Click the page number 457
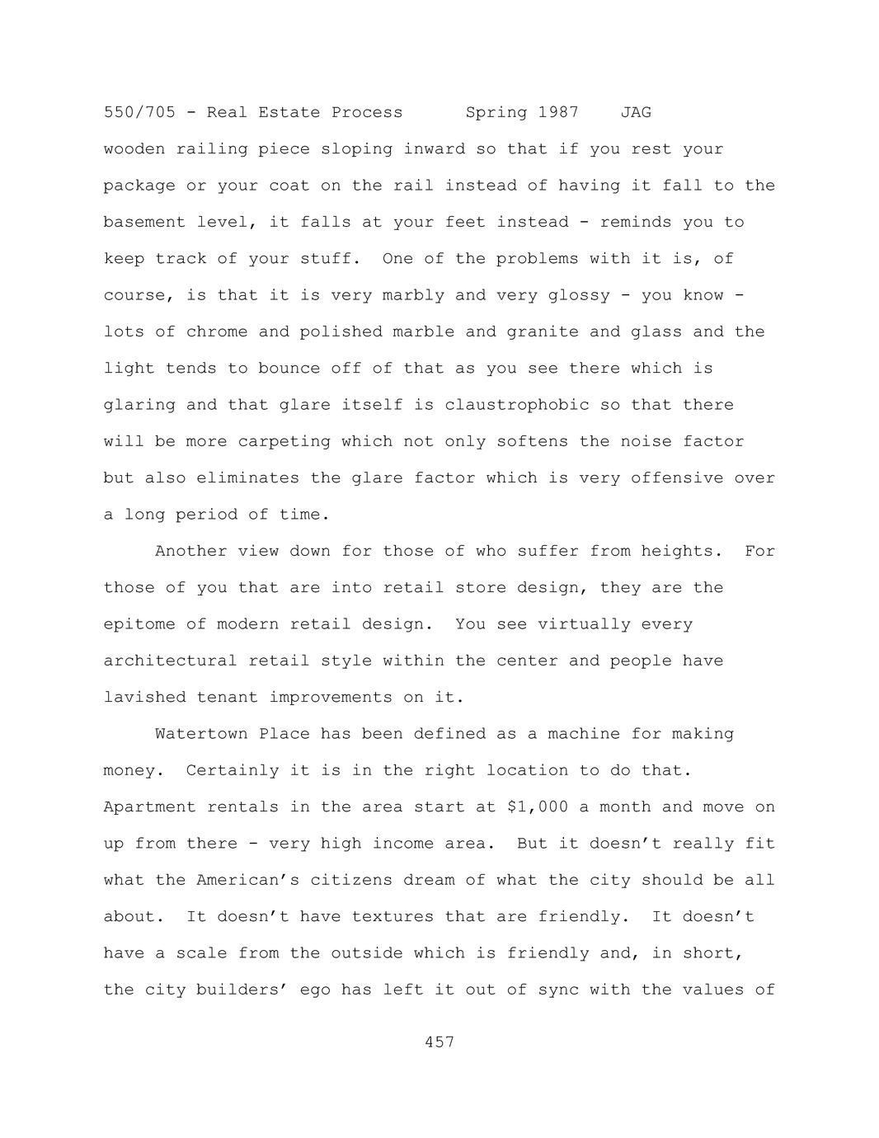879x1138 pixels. point(439,1042)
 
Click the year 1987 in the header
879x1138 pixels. point(558,112)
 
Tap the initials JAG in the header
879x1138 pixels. point(636,112)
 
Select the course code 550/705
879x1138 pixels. point(139,112)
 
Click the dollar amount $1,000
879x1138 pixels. point(538,807)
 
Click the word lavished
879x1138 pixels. point(145,698)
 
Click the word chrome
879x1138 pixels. point(217,332)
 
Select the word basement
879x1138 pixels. point(144,223)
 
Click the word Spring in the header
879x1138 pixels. point(496,112)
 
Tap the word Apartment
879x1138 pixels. point(150,807)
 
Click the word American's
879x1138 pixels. point(248,880)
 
